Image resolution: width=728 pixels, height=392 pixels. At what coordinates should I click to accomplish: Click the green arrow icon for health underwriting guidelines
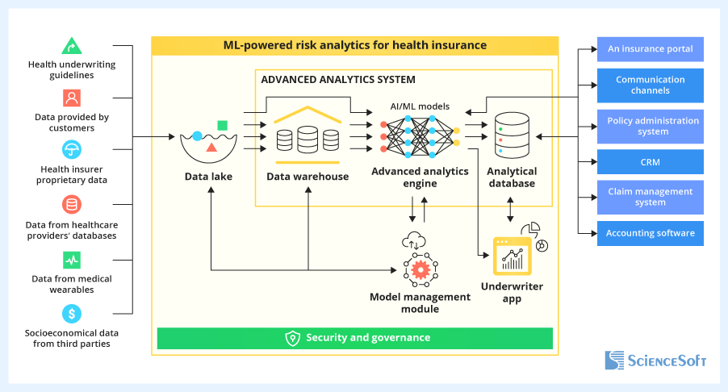[72, 46]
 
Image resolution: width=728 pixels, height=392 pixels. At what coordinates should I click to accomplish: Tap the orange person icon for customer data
[72, 98]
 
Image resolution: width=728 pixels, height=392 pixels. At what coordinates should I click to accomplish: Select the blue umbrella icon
[72, 150]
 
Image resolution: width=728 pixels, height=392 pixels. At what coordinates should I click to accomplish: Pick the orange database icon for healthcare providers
[72, 205]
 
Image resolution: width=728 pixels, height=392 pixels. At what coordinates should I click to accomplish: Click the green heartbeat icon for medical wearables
[72, 260]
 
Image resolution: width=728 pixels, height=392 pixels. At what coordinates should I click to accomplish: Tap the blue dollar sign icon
[72, 313]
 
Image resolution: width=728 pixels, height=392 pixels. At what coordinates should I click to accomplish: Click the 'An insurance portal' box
[650, 49]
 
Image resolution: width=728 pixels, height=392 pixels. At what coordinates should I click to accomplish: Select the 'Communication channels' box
[650, 85]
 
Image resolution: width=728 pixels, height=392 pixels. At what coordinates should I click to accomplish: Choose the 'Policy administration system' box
[650, 127]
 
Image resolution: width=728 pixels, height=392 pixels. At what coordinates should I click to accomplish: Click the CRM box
[650, 162]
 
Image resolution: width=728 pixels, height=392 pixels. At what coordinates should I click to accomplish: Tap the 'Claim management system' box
[650, 198]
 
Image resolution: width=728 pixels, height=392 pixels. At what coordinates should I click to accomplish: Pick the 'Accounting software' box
[650, 233]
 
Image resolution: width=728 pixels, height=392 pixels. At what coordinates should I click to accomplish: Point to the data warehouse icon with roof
[307, 133]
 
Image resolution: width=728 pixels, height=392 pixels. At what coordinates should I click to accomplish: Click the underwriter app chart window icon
[513, 256]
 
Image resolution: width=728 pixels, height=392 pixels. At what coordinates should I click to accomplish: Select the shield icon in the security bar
[293, 338]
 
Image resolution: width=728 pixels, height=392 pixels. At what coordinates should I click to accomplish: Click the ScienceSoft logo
[655, 360]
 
